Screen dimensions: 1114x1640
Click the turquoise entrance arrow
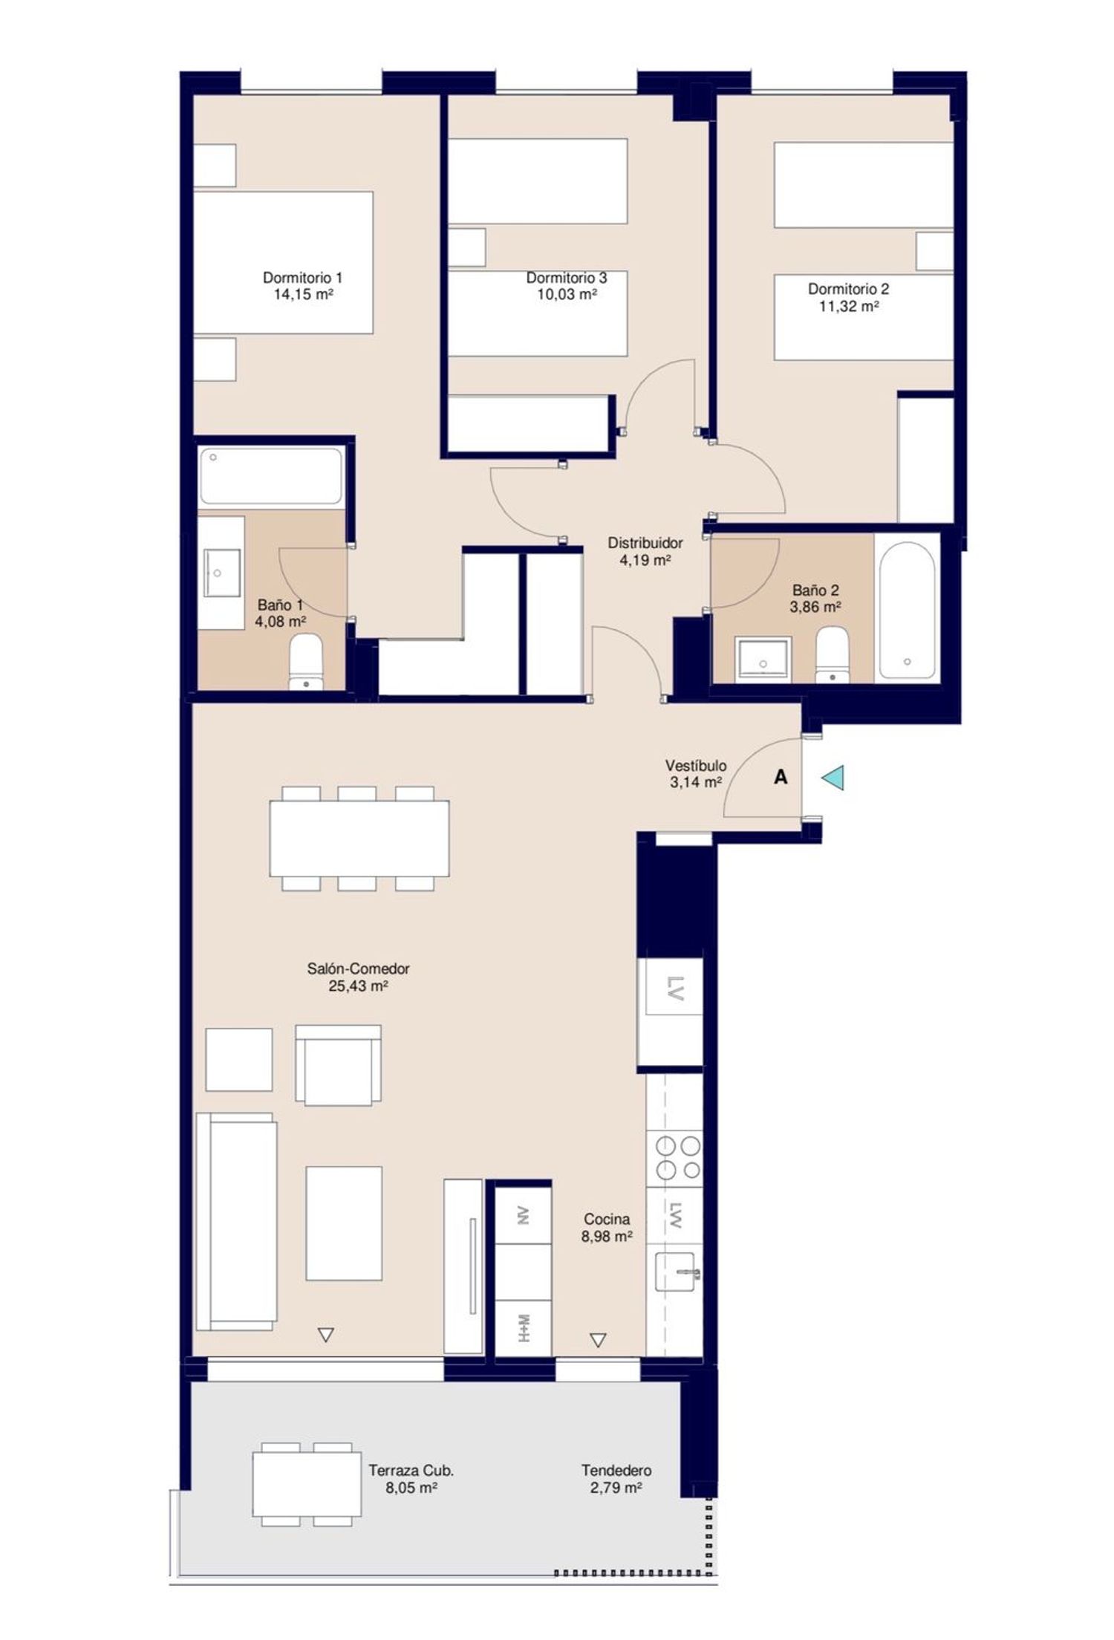[x=835, y=778]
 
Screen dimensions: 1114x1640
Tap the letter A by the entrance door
[x=781, y=777]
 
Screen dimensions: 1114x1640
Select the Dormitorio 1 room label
[x=302, y=278]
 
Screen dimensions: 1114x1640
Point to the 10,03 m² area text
[x=567, y=294]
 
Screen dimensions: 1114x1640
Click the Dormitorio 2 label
[x=848, y=289]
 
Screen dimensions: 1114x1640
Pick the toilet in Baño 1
[x=306, y=661]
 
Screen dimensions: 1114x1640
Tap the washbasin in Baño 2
[x=763, y=660]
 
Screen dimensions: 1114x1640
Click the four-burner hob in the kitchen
[x=674, y=1156]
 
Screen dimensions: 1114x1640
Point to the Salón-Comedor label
[x=359, y=969]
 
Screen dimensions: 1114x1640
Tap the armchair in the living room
[x=338, y=1065]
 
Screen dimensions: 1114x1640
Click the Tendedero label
[x=616, y=1471]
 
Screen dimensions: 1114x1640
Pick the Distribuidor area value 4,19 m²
[x=645, y=559]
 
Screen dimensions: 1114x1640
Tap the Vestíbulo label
[x=696, y=765]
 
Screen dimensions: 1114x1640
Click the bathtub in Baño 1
[x=272, y=475]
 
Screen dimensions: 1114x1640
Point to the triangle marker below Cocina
[x=598, y=1340]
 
